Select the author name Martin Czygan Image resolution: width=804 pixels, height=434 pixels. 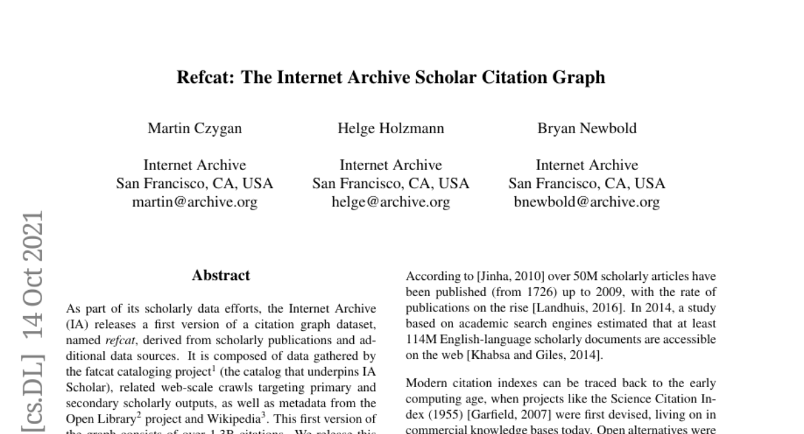coord(194,129)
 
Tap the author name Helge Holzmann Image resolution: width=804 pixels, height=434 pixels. coord(391,129)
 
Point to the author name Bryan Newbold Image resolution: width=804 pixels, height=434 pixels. coord(587,129)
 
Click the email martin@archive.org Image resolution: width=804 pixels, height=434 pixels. coord(194,202)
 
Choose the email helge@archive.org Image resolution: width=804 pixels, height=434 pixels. coord(391,202)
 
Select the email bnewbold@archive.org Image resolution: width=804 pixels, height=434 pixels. coord(587,202)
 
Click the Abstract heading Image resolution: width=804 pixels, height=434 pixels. coord(220,275)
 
